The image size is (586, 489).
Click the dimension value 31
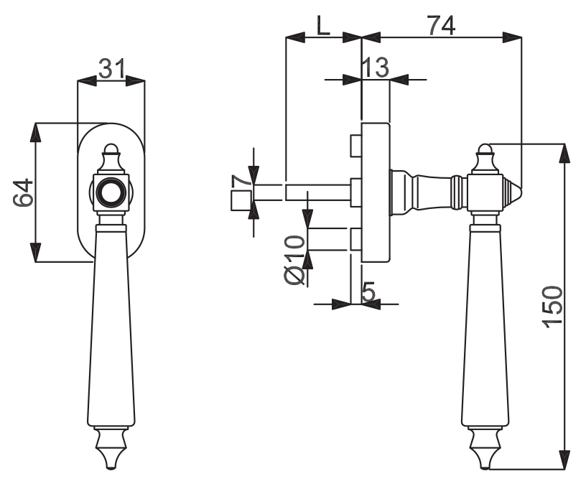[111, 68]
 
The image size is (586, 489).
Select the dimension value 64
[23, 192]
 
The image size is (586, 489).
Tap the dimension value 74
[442, 25]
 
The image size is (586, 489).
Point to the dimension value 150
[552, 307]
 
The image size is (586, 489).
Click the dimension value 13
[376, 67]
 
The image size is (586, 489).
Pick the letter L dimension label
[323, 25]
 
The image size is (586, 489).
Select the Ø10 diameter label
[295, 260]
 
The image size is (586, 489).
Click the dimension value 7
[241, 181]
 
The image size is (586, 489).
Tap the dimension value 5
[368, 292]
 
